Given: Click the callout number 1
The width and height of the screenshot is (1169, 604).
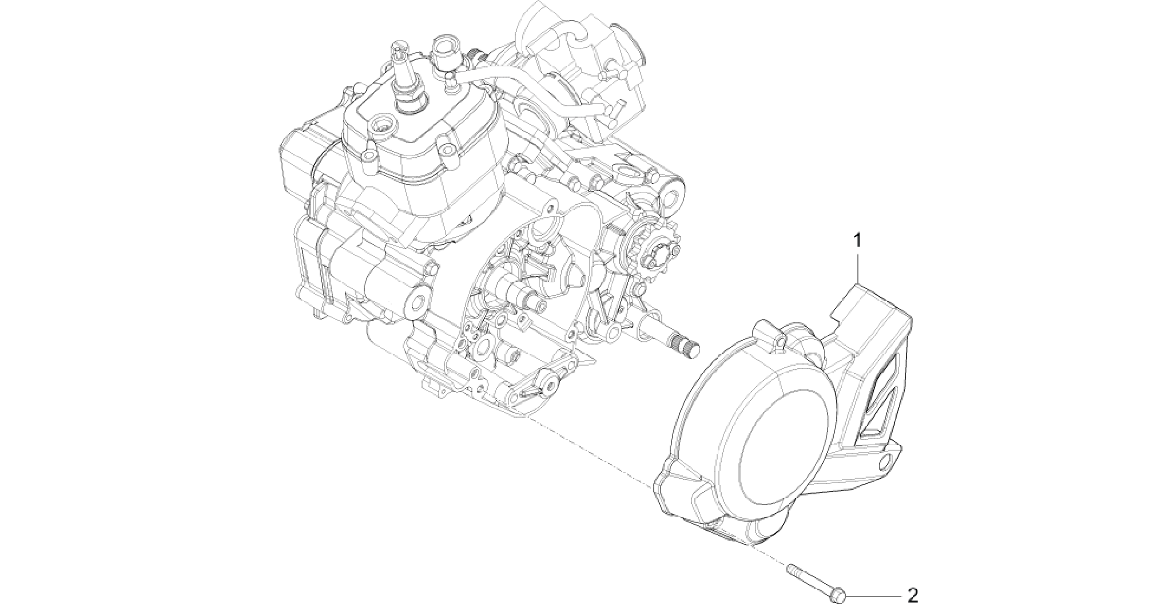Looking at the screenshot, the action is pyautogui.click(x=857, y=241).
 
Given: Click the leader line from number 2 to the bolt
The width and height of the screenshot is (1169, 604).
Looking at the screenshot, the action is pyautogui.click(x=874, y=595).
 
